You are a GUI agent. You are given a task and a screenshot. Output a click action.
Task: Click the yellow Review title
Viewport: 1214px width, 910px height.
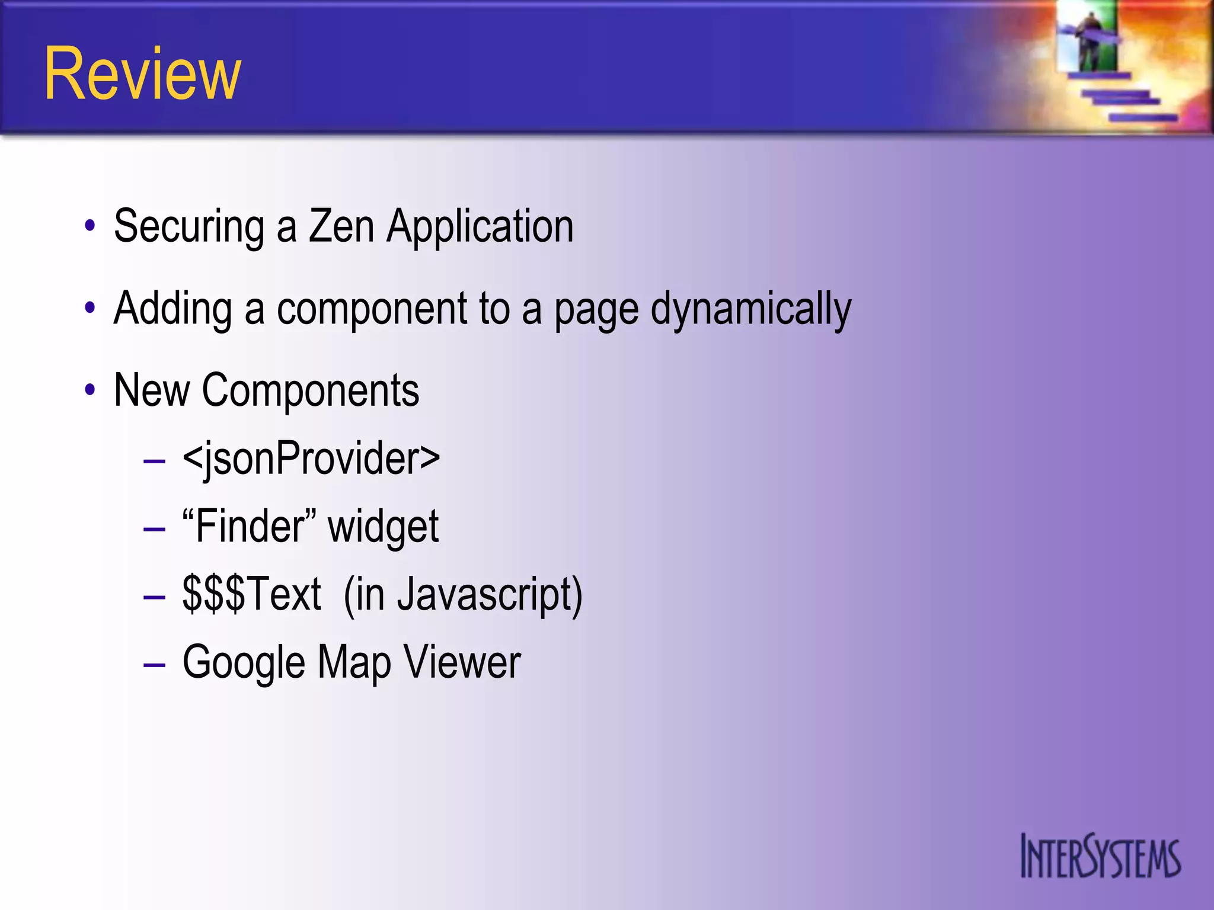[142, 74]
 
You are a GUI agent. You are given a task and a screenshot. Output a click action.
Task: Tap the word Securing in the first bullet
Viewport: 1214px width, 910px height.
[189, 227]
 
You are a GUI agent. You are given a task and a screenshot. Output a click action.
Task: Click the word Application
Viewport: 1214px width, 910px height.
[480, 227]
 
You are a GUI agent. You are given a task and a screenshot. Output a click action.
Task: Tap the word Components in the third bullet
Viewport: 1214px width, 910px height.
[311, 391]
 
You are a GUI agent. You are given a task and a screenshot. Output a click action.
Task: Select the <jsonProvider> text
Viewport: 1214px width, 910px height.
[311, 459]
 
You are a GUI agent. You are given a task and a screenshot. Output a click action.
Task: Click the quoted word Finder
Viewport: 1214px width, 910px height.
[249, 526]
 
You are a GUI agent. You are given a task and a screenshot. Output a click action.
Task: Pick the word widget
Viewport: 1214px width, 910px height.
[384, 527]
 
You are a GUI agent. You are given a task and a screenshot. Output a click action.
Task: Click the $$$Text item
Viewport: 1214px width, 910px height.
[251, 594]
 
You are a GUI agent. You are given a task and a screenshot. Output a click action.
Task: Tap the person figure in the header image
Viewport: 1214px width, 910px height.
[1090, 41]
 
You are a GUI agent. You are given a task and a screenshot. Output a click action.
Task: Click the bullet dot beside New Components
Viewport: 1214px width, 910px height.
[90, 390]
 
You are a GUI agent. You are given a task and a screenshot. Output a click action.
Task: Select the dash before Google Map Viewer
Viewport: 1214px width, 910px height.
[154, 665]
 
